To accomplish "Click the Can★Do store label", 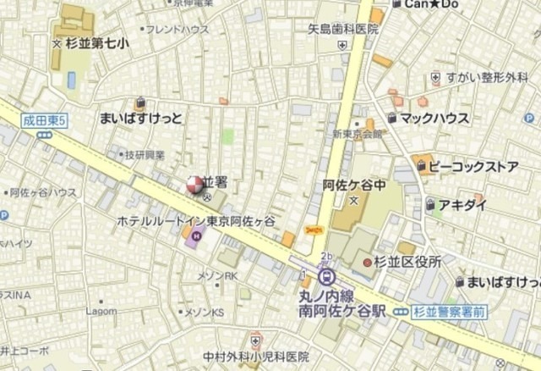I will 432,5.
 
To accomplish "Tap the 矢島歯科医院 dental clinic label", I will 342,29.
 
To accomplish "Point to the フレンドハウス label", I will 178,29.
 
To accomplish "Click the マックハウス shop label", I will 434,118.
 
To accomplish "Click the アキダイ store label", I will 462,204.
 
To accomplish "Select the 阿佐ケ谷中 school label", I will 354,185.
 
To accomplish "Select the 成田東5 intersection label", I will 44,122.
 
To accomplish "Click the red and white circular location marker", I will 194,184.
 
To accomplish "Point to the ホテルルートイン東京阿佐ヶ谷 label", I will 196,220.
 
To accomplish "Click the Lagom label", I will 101,311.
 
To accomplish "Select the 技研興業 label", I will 145,155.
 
